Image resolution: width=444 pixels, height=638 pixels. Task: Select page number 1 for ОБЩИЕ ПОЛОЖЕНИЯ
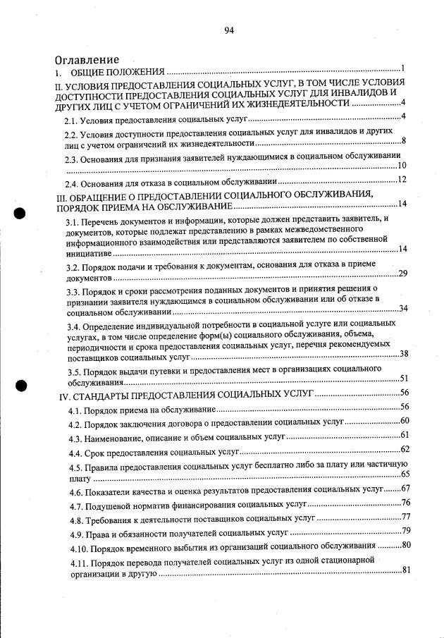point(402,68)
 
